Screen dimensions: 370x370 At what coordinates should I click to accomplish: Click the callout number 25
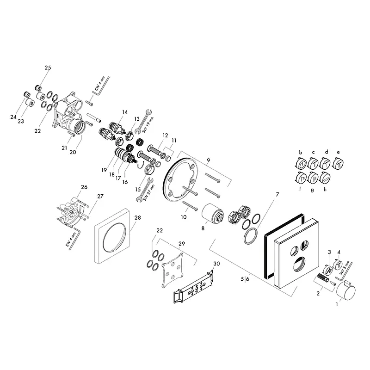coord(48,68)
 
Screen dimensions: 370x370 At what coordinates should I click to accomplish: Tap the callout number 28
coord(137,217)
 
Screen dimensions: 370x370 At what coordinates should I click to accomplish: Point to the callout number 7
coord(277,195)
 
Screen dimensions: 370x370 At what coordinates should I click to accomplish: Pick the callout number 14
coord(125,112)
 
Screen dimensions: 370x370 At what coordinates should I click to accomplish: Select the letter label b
coord(300,152)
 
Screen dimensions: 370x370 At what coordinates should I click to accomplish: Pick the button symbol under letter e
coord(338,163)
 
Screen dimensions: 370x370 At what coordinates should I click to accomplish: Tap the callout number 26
coord(84,187)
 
